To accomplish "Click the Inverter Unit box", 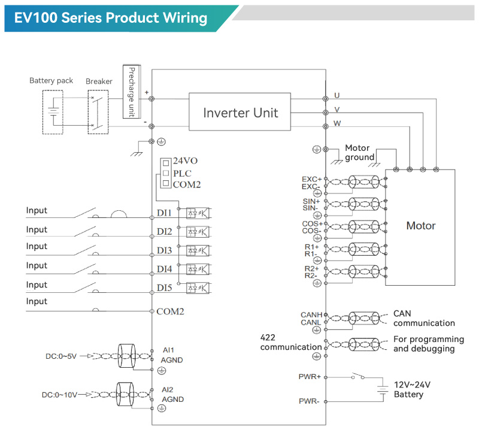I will coord(241,113).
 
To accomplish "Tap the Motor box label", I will coord(420,226).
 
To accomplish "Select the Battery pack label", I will coord(51,81).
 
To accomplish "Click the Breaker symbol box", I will coord(96,112).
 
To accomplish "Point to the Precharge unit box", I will coord(132,92).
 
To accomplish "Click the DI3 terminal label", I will coord(165,250).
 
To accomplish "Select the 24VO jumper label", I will coord(185,161).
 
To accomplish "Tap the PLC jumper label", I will coord(182,173).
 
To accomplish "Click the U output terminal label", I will coord(337,96).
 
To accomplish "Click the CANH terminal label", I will coord(311,314).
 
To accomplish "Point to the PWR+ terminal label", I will coord(310,377).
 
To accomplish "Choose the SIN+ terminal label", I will coord(311,201).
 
